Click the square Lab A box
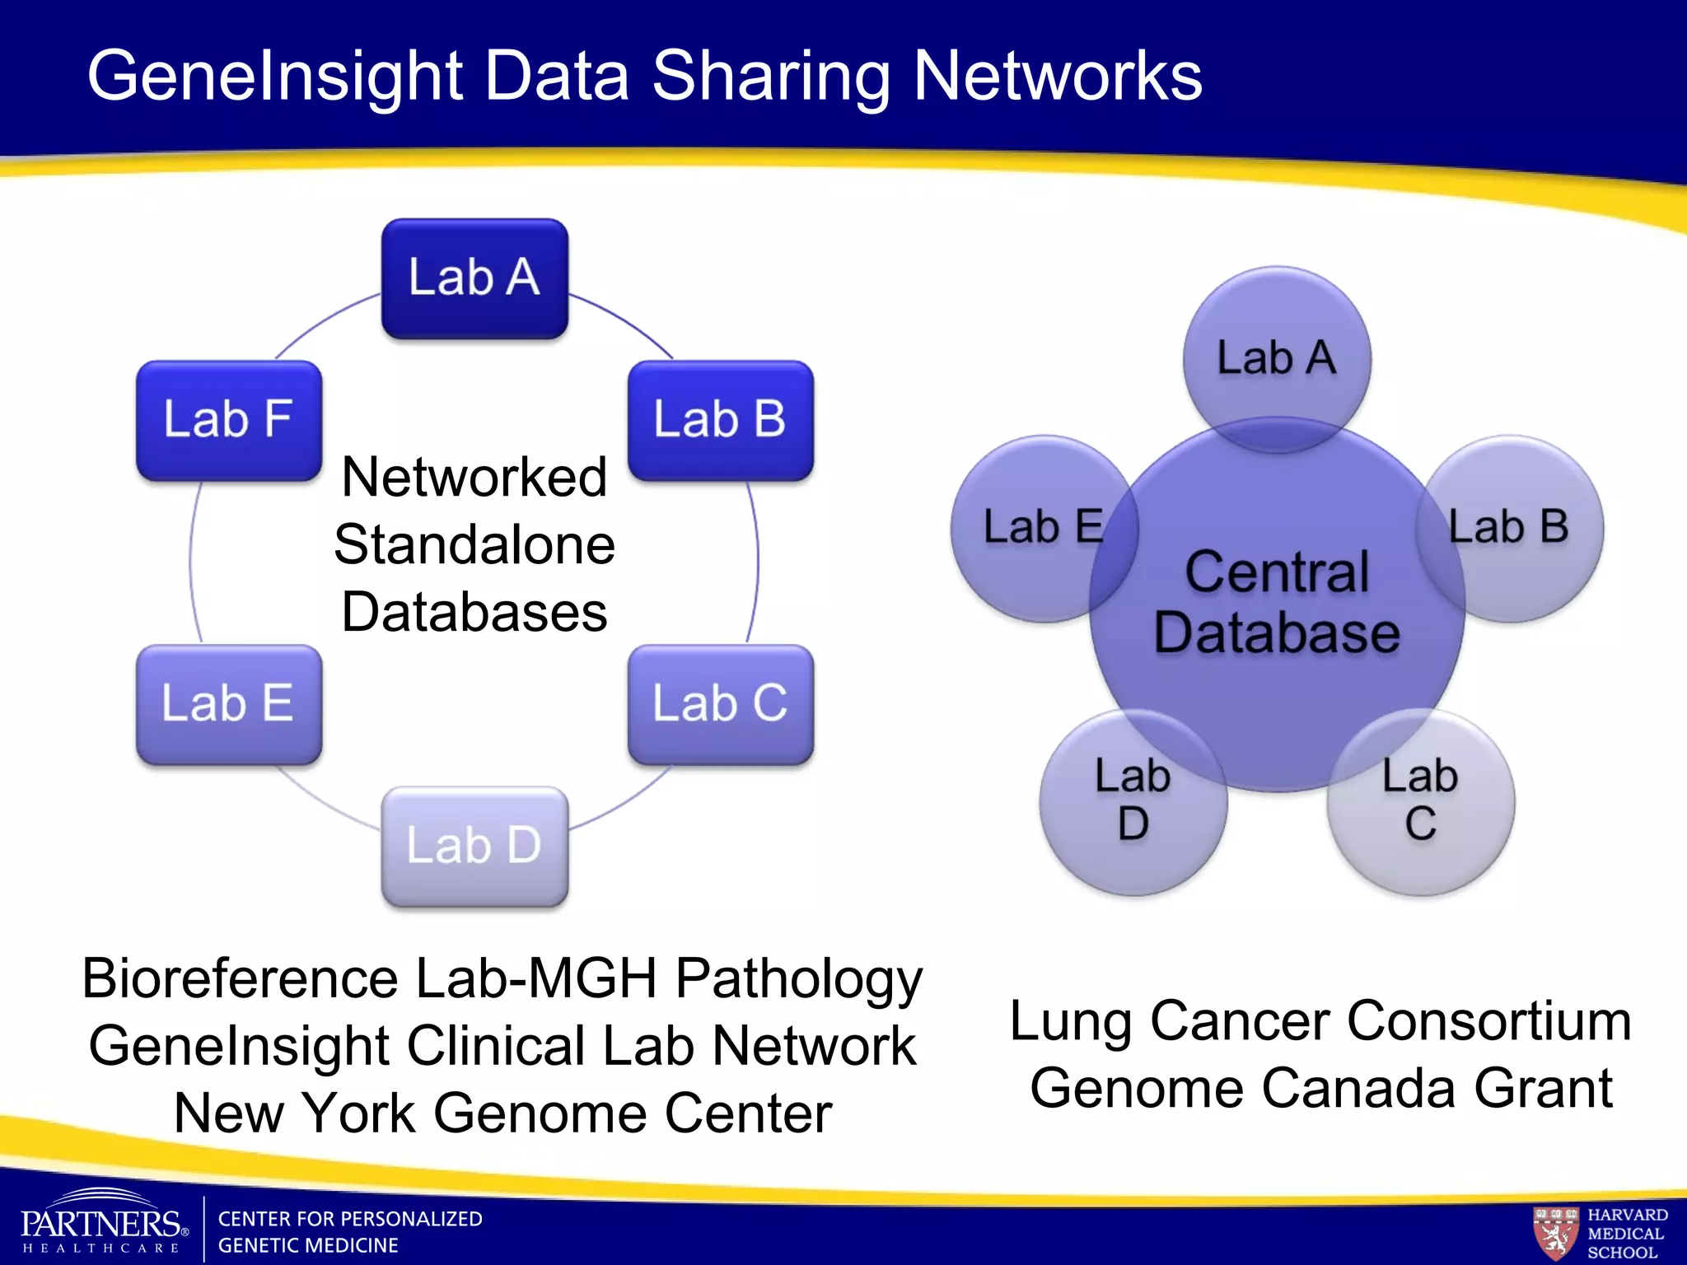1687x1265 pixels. click(474, 278)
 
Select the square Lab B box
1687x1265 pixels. click(721, 420)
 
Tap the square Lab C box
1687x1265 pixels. click(721, 704)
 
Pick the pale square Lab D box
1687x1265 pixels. click(474, 846)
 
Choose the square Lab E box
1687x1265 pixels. click(229, 704)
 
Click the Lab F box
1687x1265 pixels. click(229, 420)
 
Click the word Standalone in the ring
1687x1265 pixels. click(474, 545)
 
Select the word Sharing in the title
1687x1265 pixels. click(772, 76)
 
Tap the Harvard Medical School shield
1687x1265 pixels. click(1555, 1233)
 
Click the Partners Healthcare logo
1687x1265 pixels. click(103, 1223)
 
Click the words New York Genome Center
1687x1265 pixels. click(502, 1113)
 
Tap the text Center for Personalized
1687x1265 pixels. click(350, 1219)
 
